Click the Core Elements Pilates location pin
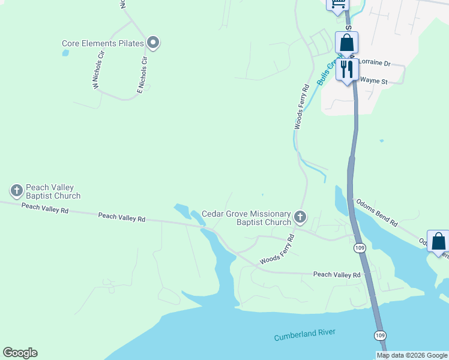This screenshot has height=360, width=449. (x=153, y=42)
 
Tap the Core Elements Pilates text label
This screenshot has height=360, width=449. (x=103, y=43)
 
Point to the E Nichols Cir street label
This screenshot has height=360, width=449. (x=142, y=76)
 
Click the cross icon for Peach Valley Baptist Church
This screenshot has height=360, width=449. (x=16, y=191)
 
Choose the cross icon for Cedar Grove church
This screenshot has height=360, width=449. (x=300, y=216)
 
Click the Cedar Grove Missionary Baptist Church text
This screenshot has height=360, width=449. (x=246, y=218)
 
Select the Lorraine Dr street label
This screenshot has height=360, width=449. (x=374, y=63)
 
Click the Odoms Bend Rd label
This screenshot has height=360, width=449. (x=376, y=212)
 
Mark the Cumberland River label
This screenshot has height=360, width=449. (x=304, y=335)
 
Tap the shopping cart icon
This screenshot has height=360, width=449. (x=337, y=4)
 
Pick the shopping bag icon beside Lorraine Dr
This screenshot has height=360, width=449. (x=346, y=43)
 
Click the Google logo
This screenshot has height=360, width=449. (x=20, y=353)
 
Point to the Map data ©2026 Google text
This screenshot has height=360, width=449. (x=412, y=355)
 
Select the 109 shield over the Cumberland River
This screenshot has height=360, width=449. (x=380, y=334)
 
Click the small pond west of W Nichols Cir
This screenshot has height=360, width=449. (x=65, y=53)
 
